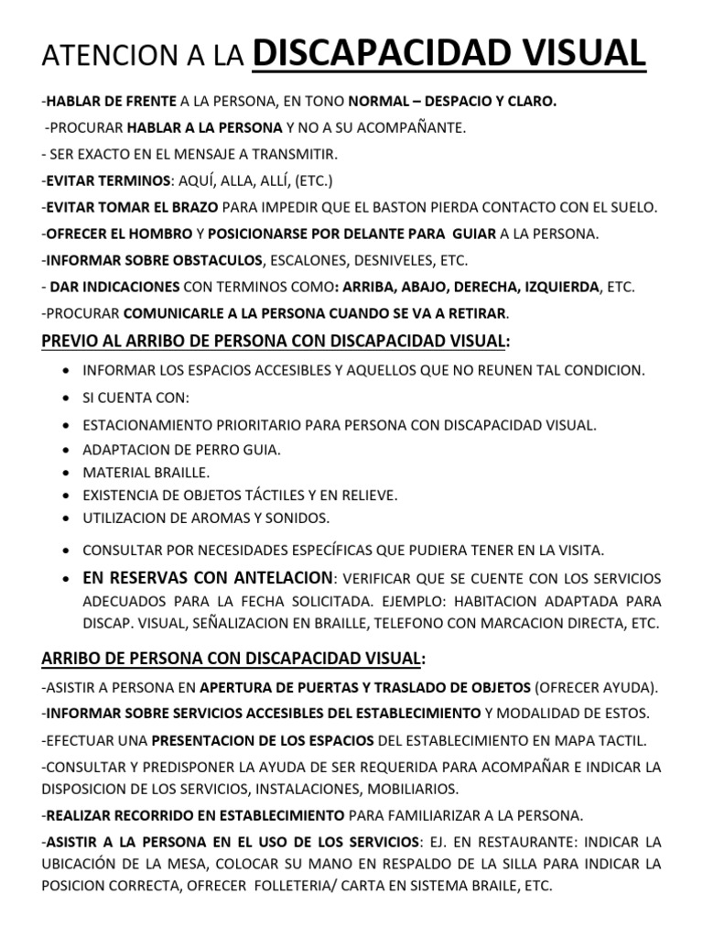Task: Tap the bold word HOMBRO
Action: pos(159,234)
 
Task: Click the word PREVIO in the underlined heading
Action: pos(71,342)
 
